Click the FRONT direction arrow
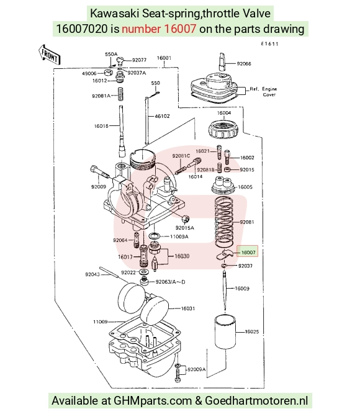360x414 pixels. pos(50,55)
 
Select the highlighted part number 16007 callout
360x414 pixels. pos(247,252)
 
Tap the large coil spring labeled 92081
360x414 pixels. pos(224,222)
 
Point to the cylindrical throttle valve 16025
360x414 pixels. pos(225,331)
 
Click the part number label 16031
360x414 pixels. pos(188,308)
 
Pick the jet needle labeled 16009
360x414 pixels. pos(225,291)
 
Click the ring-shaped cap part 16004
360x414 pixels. pos(223,129)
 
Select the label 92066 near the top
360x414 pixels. pos(244,64)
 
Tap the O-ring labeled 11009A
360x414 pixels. pos(155,236)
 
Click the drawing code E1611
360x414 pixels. pos(269,44)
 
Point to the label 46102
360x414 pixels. pos(162,116)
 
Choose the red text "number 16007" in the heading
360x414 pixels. pos(159,29)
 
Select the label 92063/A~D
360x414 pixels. pos(170,282)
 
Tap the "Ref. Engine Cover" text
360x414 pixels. pos(263,92)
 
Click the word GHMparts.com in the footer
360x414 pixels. pos(153,400)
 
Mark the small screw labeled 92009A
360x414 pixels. pos(178,372)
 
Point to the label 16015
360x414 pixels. pos(101,126)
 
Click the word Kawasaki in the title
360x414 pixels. pos(114,14)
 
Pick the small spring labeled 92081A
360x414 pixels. pos(120,94)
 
